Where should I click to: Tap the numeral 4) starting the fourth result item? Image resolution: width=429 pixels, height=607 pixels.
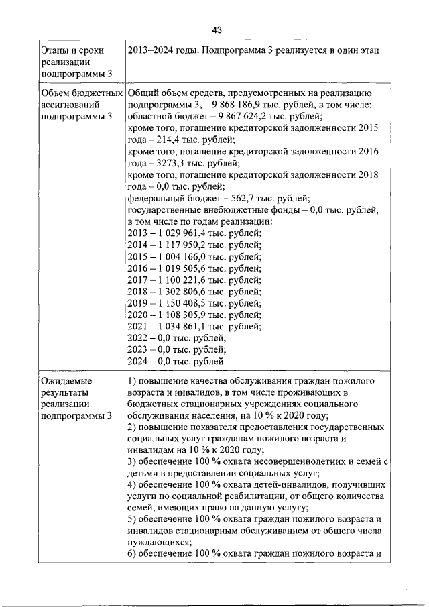132,484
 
